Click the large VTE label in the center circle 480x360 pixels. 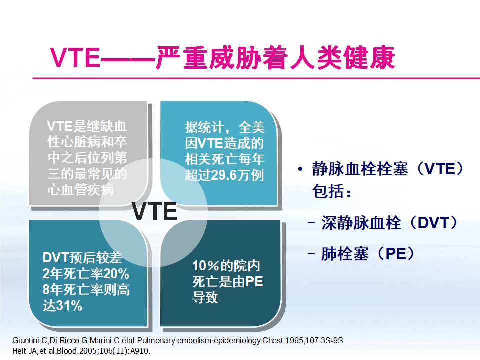pyautogui.click(x=155, y=212)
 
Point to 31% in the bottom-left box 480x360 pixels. pyautogui.click(x=69, y=306)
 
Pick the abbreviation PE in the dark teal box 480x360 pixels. pyautogui.click(x=254, y=281)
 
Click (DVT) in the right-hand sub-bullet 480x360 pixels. pyautogui.click(x=431, y=223)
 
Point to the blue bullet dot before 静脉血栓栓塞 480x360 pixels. pyautogui.click(x=300, y=169)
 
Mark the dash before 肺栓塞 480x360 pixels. pyautogui.click(x=312, y=254)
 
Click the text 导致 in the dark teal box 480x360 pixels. pyautogui.click(x=206, y=298)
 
